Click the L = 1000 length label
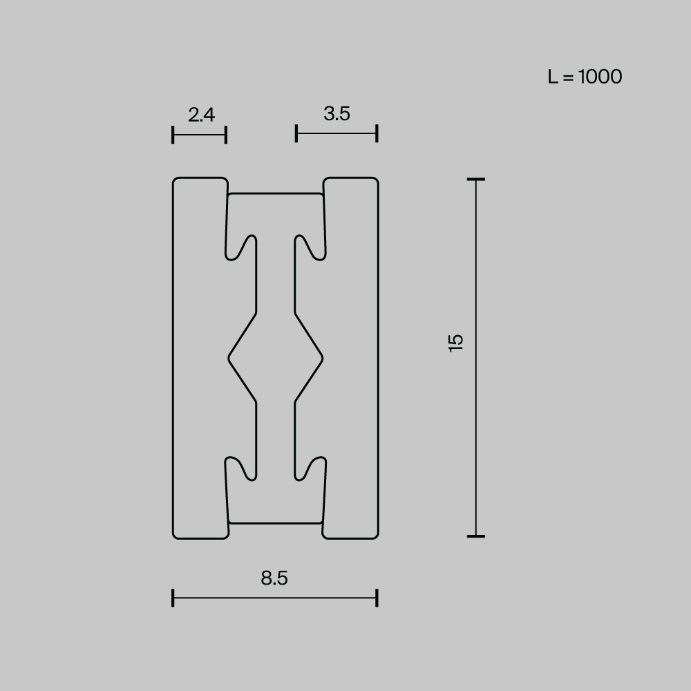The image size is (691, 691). point(585,77)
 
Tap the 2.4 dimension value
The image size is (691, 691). point(201,114)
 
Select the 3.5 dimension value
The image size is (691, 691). point(337,113)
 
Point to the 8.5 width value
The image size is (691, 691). point(274,578)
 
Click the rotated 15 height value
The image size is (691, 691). point(456,343)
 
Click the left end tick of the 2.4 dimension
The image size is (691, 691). point(173,135)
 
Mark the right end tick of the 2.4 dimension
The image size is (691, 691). point(226,135)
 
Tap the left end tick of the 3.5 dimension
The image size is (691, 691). point(296,133)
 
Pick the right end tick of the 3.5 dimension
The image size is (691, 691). point(377,133)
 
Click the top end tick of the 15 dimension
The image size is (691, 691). point(475,180)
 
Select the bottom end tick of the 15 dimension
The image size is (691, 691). point(475,536)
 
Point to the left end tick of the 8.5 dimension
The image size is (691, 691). point(173,598)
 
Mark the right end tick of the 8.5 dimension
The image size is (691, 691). point(377,598)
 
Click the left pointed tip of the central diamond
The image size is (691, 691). point(229,358)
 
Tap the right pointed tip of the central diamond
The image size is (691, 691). point(322,358)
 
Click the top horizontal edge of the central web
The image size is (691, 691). point(276,194)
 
